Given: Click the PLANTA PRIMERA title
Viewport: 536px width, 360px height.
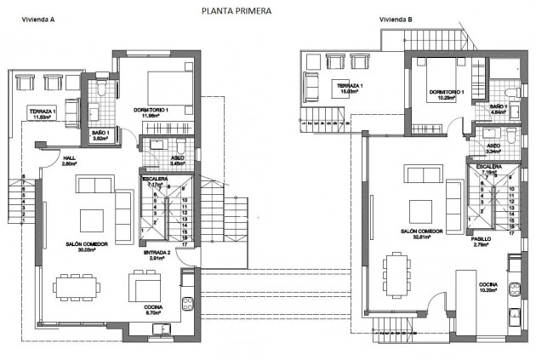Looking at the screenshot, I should click(x=237, y=12).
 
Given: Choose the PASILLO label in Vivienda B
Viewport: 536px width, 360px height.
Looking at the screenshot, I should click(x=481, y=239).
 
